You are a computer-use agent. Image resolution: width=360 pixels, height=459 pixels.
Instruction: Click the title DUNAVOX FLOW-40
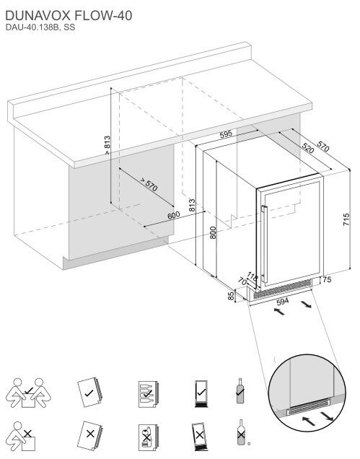pyautogui.click(x=69, y=15)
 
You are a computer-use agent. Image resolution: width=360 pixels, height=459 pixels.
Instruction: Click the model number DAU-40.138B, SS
pyautogui.click(x=40, y=27)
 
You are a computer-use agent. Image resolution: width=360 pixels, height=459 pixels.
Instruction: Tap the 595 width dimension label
pyautogui.click(x=226, y=134)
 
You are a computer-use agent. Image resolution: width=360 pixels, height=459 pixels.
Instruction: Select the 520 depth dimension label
pyautogui.click(x=307, y=148)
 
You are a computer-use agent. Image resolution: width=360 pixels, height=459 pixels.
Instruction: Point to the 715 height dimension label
pyautogui.click(x=346, y=219)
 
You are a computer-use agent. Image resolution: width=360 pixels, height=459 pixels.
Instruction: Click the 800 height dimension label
pyautogui.click(x=213, y=232)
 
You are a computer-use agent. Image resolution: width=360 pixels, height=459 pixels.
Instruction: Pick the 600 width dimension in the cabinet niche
pyautogui.click(x=174, y=216)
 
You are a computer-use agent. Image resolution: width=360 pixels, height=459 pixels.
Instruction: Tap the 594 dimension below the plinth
pyautogui.click(x=282, y=301)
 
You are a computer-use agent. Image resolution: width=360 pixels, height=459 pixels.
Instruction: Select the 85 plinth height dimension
pyautogui.click(x=231, y=296)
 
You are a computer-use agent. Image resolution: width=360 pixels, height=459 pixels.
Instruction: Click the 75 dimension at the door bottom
pyautogui.click(x=328, y=279)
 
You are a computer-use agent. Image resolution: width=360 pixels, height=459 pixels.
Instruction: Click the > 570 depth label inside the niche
pyautogui.click(x=149, y=185)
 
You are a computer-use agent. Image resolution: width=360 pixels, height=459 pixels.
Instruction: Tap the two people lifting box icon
pyautogui.click(x=28, y=393)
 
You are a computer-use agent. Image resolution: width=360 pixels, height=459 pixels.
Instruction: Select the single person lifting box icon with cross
pyautogui.click(x=21, y=437)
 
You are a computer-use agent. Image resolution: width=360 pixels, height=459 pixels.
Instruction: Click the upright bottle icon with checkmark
pyautogui.click(x=240, y=390)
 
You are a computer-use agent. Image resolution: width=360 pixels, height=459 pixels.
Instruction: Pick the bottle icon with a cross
pyautogui.click(x=241, y=432)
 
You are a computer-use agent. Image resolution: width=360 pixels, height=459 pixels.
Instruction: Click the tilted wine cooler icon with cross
pyautogui.click(x=200, y=437)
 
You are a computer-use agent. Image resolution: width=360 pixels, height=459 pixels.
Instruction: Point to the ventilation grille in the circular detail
pyautogui.click(x=308, y=407)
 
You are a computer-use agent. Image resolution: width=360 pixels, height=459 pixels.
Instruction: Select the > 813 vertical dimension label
pyautogui.click(x=107, y=145)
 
